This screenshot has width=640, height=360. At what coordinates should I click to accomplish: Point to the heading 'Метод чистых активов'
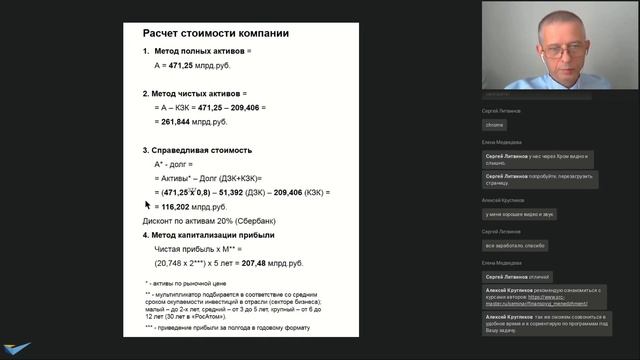[200, 92]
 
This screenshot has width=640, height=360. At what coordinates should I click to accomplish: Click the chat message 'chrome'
[495, 125]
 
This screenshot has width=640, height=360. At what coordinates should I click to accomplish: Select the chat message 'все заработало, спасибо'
[516, 244]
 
